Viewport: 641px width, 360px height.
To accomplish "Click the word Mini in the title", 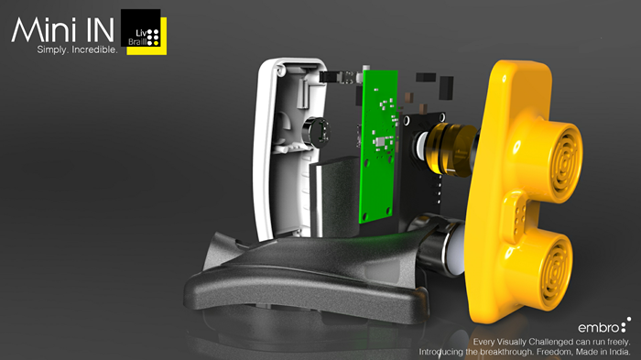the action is click(43, 29).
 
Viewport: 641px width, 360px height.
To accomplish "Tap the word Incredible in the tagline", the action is click(94, 49).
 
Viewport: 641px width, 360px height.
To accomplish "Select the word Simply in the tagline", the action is click(52, 49).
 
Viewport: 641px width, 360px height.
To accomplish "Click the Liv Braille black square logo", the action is click(141, 27).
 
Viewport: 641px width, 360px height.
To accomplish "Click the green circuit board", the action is click(378, 147).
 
